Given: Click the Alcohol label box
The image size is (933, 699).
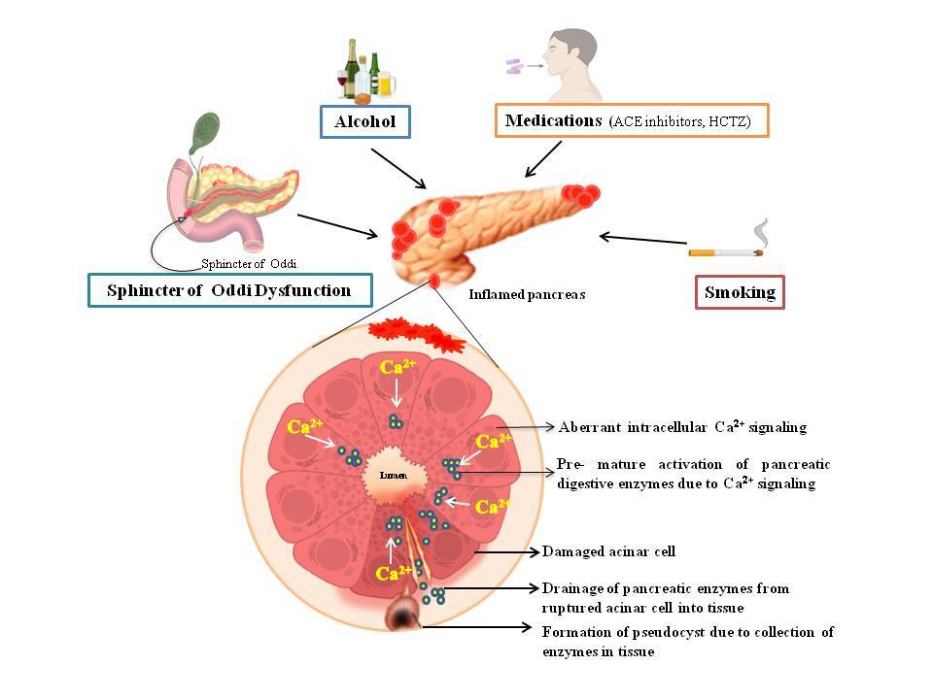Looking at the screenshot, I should pos(365,122).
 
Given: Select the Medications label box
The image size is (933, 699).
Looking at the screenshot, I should pos(632,121).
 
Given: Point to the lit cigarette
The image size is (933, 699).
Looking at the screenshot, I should pos(725,252).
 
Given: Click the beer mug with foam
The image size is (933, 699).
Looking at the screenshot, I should pos(386,84).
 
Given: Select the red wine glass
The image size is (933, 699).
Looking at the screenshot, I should pos(342,81).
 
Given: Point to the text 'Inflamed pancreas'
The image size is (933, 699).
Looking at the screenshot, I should pos(527,294).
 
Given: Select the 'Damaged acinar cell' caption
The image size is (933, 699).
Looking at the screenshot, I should pos(608,551).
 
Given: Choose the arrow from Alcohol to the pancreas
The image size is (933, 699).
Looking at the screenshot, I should pos(398,168).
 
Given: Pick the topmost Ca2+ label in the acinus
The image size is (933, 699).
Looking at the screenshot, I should pos(396,368).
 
